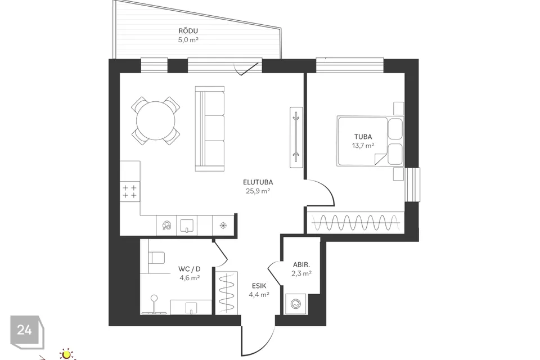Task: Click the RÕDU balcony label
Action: [x=188, y=31]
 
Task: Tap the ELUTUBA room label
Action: [x=258, y=182]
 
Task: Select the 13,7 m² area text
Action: [x=363, y=145]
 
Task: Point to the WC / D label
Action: [x=190, y=269]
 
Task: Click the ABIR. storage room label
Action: [x=301, y=265]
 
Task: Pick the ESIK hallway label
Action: [x=259, y=286]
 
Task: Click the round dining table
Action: [x=156, y=120]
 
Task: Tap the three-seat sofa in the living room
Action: [x=210, y=128]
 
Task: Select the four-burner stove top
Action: [x=130, y=192]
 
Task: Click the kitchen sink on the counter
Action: [x=187, y=226]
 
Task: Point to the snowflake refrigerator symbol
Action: [x=223, y=226]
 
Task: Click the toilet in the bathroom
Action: [x=156, y=257]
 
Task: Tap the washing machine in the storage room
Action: [x=295, y=304]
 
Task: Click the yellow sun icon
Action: [x=66, y=354]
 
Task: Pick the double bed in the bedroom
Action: [x=370, y=141]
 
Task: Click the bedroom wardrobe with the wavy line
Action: [x=355, y=223]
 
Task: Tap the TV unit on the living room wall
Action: [x=296, y=137]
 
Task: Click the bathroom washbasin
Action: [x=191, y=307]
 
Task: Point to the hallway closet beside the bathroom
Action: [x=226, y=293]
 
